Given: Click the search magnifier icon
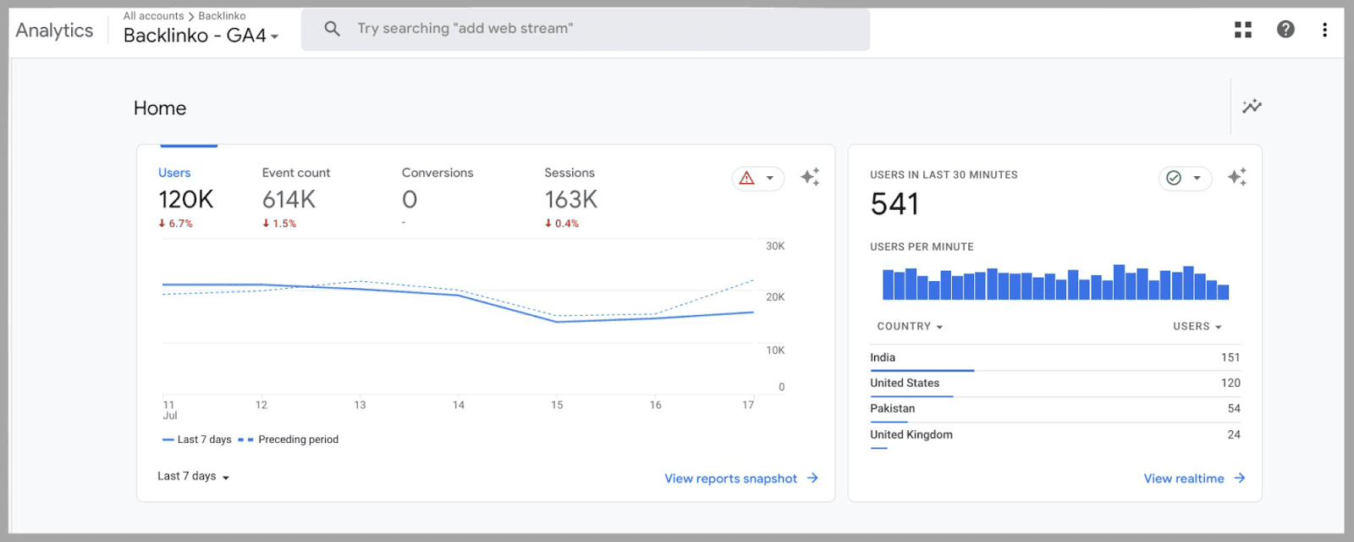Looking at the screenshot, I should click(x=333, y=29).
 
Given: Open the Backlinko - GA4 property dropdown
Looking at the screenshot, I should click(x=201, y=36).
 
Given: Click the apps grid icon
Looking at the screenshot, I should click(x=1242, y=30).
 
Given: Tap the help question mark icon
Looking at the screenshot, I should click(x=1285, y=30).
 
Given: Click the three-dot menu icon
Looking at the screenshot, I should click(x=1324, y=30).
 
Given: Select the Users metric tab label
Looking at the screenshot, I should click(x=174, y=173).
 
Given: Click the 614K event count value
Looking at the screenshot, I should click(x=289, y=200).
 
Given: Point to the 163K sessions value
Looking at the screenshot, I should click(x=570, y=200).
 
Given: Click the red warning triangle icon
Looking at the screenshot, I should click(x=746, y=178).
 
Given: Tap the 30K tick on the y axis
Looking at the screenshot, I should click(x=775, y=246).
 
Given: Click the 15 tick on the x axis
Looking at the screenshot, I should click(x=557, y=405).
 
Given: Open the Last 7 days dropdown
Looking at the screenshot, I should click(x=193, y=476).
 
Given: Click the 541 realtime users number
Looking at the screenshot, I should click(x=894, y=204).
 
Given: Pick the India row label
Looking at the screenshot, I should click(x=883, y=357).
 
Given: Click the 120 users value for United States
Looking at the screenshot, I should click(x=1230, y=383).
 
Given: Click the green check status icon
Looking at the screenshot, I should click(x=1174, y=178).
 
